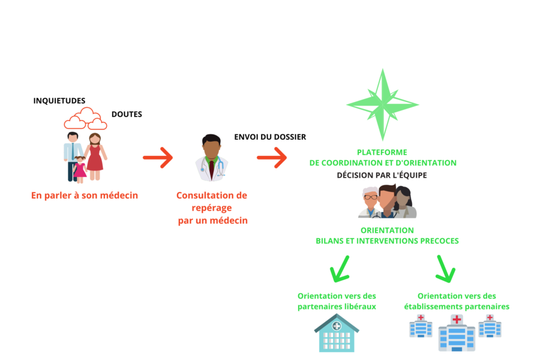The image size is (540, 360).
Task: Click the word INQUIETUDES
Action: coord(59,101)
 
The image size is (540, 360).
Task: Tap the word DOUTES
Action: coord(127,114)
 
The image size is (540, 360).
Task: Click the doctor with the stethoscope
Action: coord(211,158)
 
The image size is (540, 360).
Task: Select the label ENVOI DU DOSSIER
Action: coord(270,137)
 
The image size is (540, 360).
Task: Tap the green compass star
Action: coord(382,104)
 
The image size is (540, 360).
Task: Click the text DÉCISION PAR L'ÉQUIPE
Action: coord(382,175)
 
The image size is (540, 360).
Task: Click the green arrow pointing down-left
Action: coord(340,268)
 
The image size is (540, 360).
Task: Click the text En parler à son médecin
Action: coord(85,196)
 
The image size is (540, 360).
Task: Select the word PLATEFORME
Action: coord(382,152)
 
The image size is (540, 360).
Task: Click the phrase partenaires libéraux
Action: coord(337,307)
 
